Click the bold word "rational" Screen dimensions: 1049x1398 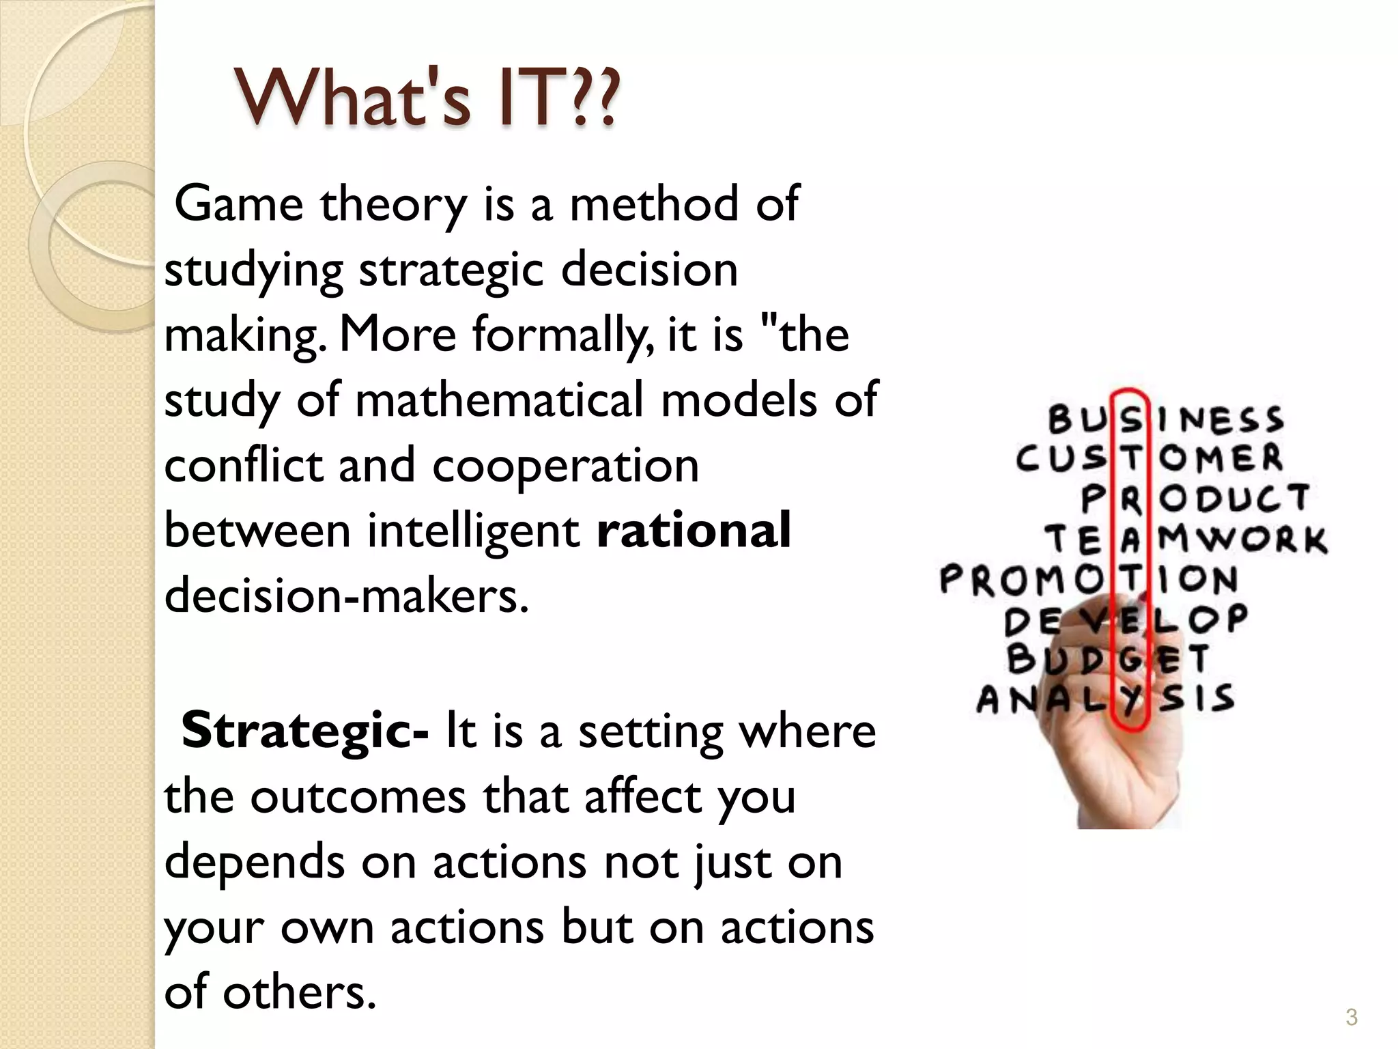[694, 531]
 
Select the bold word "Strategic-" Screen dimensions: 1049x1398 [304, 730]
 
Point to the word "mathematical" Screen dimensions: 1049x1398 [499, 400]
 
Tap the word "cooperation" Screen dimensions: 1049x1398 [565, 466]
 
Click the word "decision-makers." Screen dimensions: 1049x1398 [346, 596]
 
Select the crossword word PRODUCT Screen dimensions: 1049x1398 [1195, 499]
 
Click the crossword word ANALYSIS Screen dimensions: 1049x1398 [1105, 699]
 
